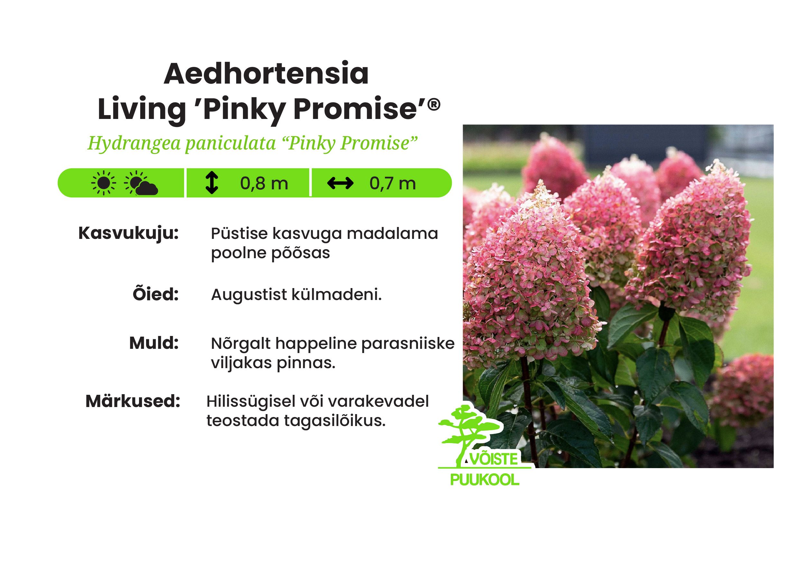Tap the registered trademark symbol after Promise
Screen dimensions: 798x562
pyautogui.click(x=434, y=104)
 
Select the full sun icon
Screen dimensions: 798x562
pyautogui.click(x=103, y=183)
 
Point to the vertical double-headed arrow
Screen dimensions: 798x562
pyautogui.click(x=212, y=183)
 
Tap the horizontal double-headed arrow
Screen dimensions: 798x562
pyautogui.click(x=340, y=183)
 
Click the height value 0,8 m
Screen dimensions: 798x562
pyautogui.click(x=264, y=183)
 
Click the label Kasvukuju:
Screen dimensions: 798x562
pyautogui.click(x=128, y=234)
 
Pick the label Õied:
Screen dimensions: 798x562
pyautogui.click(x=155, y=294)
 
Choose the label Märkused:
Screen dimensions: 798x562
pyautogui.click(x=133, y=401)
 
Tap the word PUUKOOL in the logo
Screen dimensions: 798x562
pyautogui.click(x=485, y=480)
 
